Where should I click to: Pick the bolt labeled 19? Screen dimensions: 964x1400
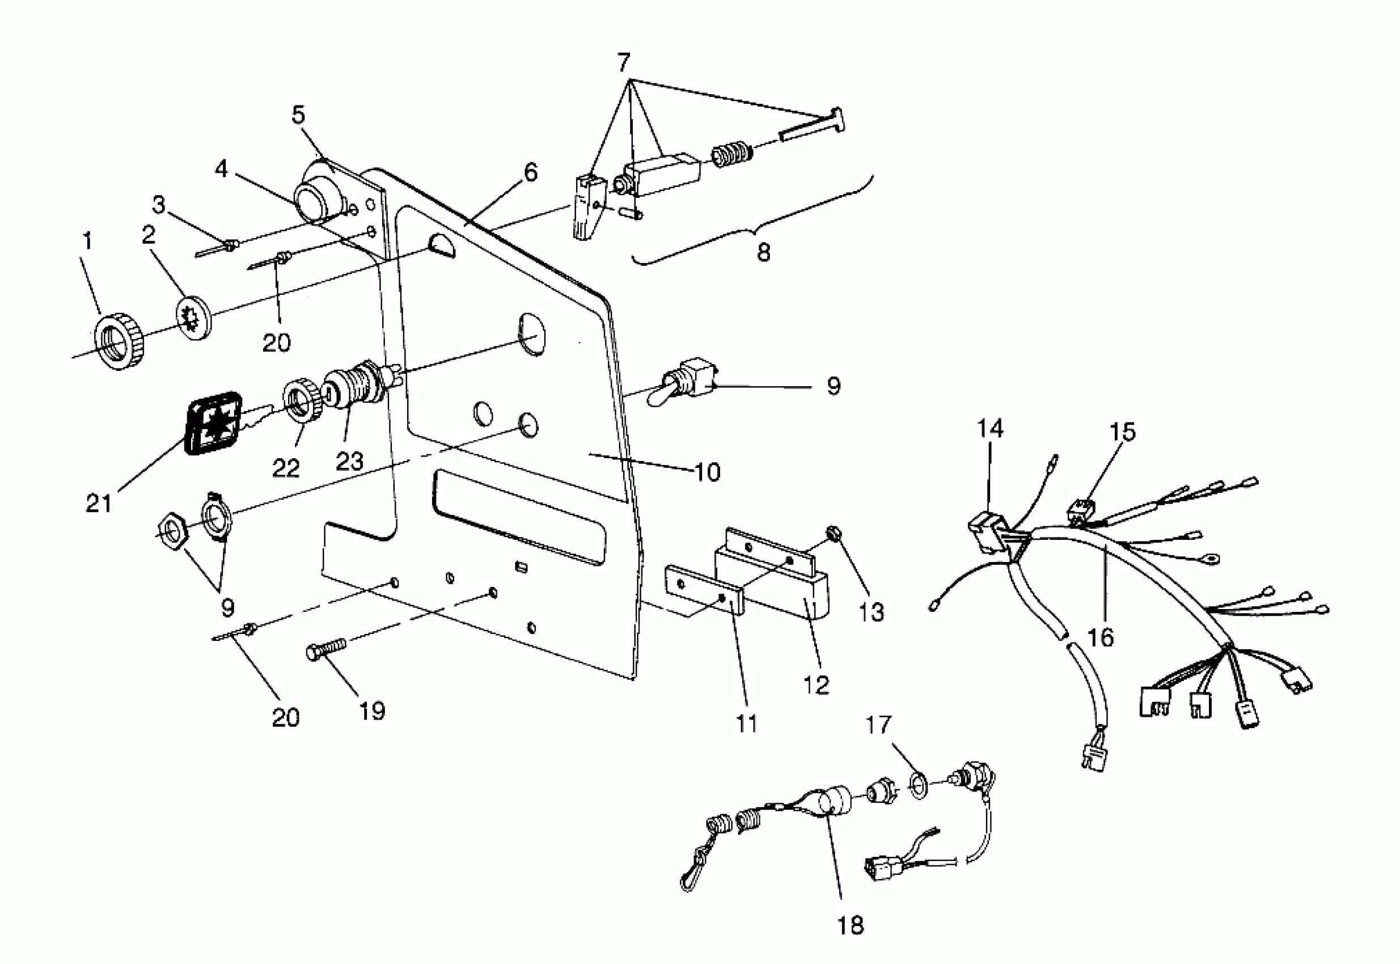326,649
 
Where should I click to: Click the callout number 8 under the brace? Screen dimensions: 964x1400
763,252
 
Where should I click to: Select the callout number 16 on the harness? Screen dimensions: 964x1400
1100,637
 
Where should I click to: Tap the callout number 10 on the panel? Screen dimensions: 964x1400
707,472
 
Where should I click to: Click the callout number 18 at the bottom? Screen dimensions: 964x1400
851,925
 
